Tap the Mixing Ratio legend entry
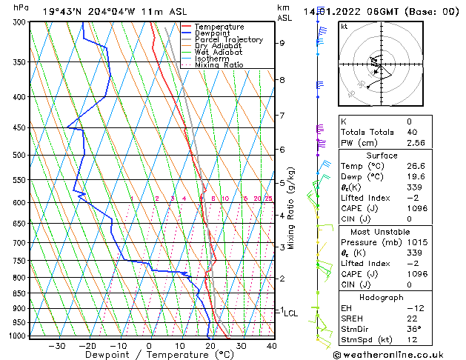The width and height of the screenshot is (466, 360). (x=219, y=65)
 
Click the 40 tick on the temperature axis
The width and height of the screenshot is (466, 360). (x=271, y=346)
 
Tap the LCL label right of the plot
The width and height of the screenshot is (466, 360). (x=290, y=313)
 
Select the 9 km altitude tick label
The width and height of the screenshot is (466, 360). (x=282, y=43)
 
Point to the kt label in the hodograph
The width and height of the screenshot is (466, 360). (x=344, y=26)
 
